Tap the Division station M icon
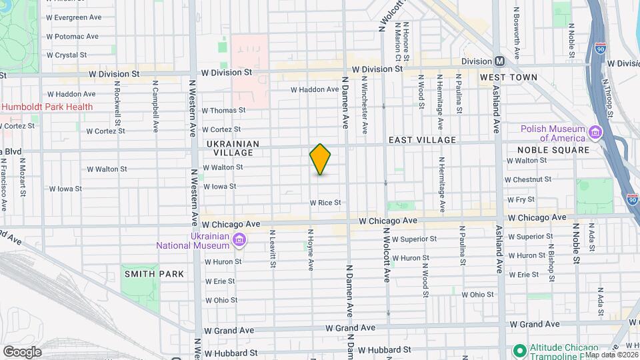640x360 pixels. coord(499,61)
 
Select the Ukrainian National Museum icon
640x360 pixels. coord(239,240)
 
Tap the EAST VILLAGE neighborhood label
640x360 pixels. coord(423,140)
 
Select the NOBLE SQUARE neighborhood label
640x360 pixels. coord(553,150)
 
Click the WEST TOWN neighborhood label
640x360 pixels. coord(508,77)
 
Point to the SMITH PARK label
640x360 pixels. coord(144,273)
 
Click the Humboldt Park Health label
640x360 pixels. coord(47,107)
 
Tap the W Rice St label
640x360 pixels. coord(325,203)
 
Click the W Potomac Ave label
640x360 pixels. coord(72,37)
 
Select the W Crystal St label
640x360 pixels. coord(67,55)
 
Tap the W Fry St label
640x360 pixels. coord(521,199)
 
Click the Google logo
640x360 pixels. coord(21,352)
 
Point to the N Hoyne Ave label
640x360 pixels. coord(310,250)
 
